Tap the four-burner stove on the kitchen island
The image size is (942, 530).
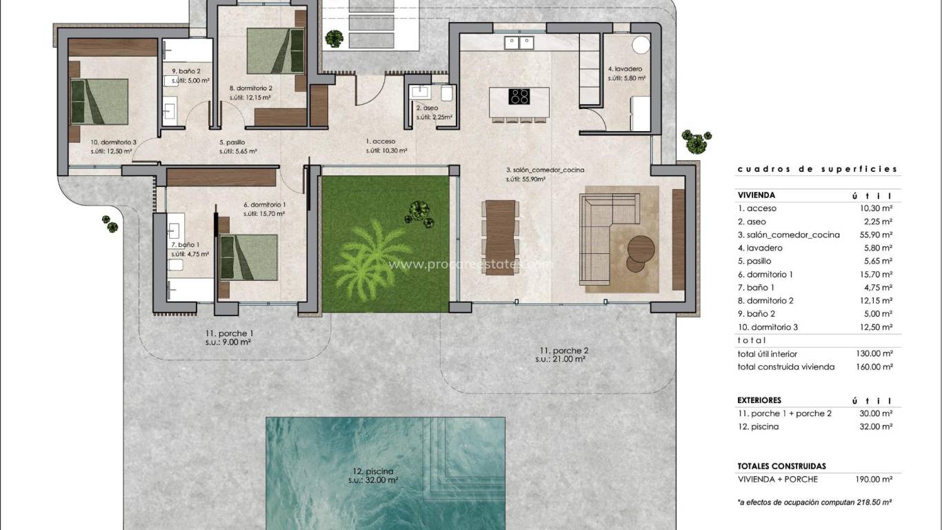(x=519, y=97)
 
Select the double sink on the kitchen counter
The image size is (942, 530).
(x=519, y=43)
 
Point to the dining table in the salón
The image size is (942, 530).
(x=501, y=237)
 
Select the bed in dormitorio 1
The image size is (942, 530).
(x=249, y=257)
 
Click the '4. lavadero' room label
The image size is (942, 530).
(x=625, y=69)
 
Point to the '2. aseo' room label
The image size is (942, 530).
(x=428, y=108)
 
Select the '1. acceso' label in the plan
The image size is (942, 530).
(x=380, y=141)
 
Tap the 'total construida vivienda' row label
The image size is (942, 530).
(x=785, y=366)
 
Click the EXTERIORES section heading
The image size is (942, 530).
(x=759, y=400)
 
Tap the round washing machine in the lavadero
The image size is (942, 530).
(x=641, y=46)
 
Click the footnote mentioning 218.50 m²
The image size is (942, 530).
(x=814, y=502)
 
